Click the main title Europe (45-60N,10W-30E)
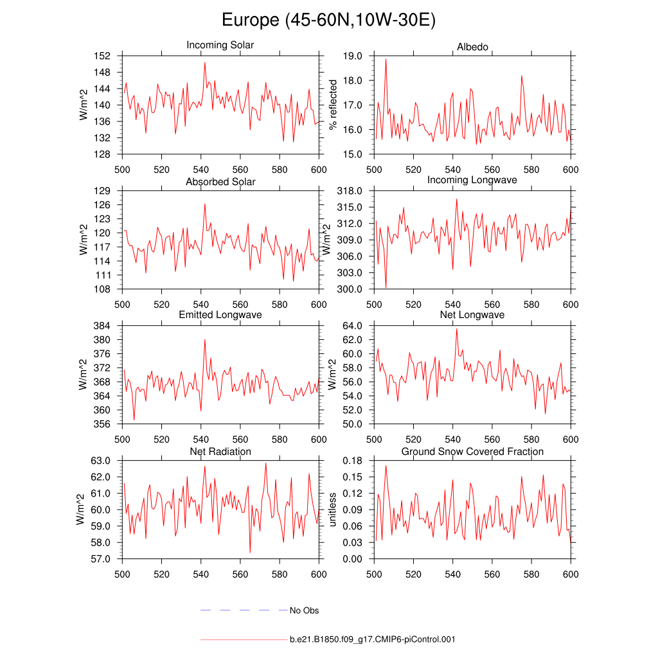tap(328, 21)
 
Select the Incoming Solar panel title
tap(220, 45)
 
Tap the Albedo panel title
tap(472, 47)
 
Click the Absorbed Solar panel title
tap(220, 182)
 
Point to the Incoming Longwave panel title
tap(472, 180)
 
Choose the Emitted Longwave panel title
tap(220, 315)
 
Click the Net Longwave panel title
tap(472, 315)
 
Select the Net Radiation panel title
tap(220, 452)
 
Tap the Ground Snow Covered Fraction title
tap(472, 452)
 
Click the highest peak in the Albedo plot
tap(386, 59)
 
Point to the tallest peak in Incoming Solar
tap(204, 62)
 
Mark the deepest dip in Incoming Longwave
tap(386, 288)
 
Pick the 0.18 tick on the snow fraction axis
tap(354, 461)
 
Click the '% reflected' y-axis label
tap(333, 105)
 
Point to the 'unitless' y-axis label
tap(333, 510)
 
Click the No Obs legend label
tap(304, 610)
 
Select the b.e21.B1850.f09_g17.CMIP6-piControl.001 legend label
tap(373, 640)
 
